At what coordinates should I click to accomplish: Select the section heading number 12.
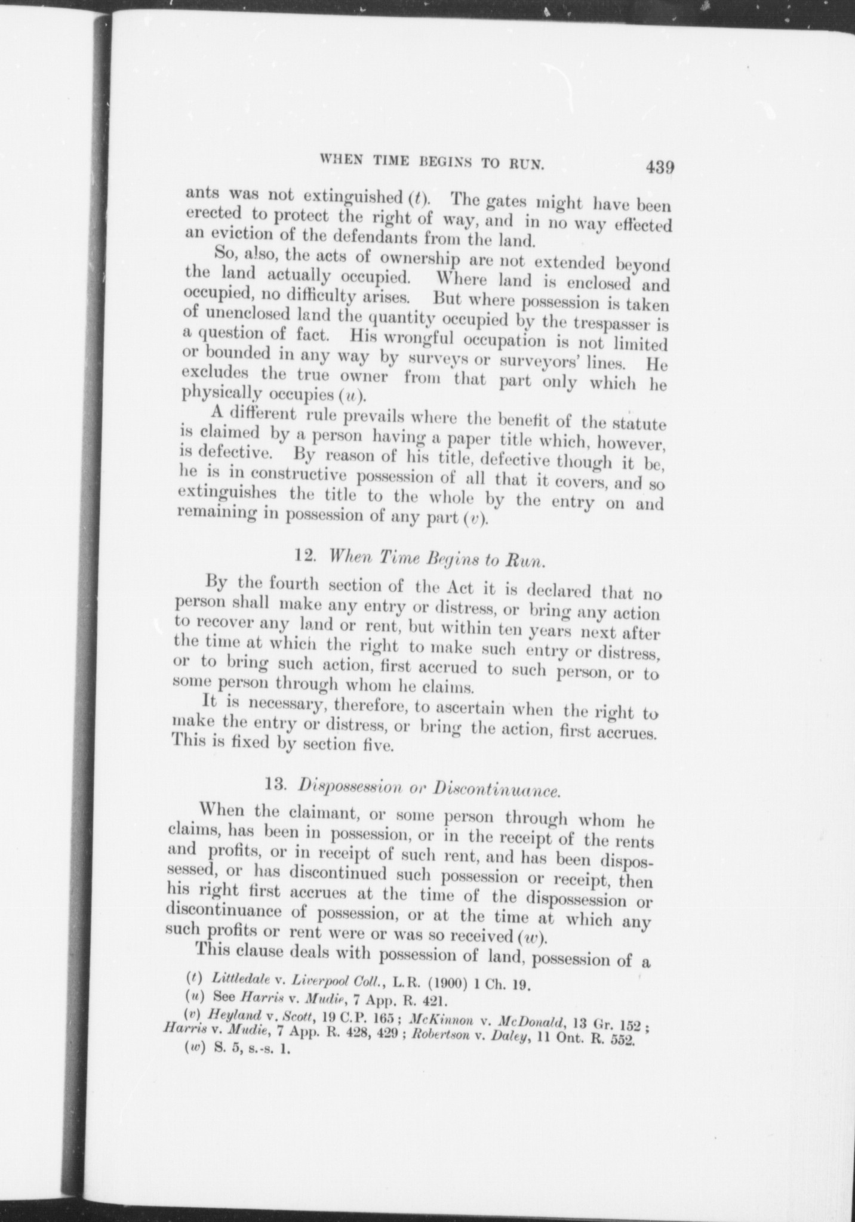point(305,554)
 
